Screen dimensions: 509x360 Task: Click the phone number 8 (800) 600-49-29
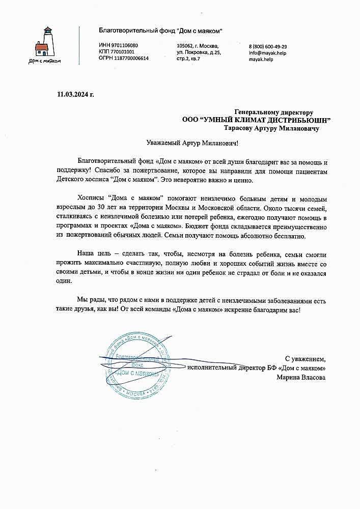point(268,46)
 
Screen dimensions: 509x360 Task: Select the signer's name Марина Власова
point(301,377)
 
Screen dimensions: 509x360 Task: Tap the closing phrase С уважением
point(304,358)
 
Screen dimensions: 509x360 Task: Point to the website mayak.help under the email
point(261,59)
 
